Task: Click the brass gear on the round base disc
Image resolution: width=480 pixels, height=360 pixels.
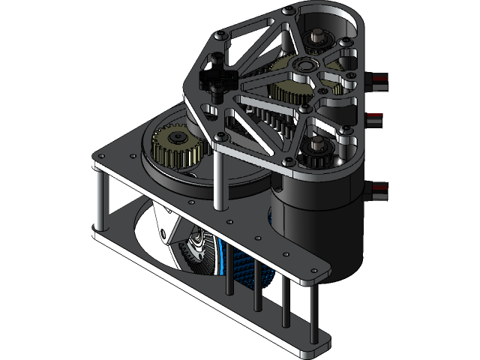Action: coord(178,147)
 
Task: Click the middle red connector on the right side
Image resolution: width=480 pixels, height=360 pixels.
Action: coord(374,119)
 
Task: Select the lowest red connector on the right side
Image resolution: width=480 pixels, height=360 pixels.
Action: coord(379,189)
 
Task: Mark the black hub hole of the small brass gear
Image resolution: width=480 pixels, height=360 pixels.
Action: coord(178,138)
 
